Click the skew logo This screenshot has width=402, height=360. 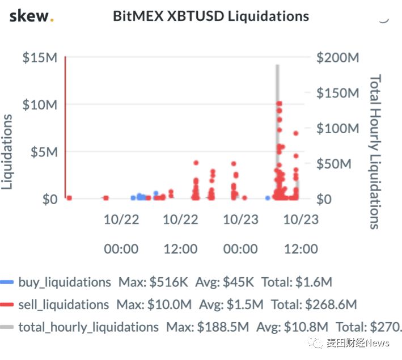click(31, 16)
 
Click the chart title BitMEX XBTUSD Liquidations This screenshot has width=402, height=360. click(211, 16)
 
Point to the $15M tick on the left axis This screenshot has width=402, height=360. click(40, 57)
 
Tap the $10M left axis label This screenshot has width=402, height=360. click(40, 105)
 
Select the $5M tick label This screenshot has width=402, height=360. click(44, 152)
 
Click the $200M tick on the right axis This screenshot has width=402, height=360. click(338, 57)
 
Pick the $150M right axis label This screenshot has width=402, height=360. click(338, 93)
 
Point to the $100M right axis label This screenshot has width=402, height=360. click(338, 128)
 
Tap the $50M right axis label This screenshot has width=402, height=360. click(334, 164)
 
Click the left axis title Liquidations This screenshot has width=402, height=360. click(7, 152)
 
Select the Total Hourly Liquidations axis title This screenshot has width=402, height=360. click(375, 152)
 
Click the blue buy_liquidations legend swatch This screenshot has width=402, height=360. click(7, 282)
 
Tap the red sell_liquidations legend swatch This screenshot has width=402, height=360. click(7, 304)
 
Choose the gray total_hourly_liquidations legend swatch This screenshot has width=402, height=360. click(7, 327)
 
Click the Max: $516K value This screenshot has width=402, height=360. click(153, 282)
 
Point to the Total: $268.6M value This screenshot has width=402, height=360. click(314, 304)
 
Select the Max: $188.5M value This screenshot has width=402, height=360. click(208, 327)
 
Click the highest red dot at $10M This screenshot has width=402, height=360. click(279, 104)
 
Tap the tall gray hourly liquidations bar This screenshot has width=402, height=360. click(277, 132)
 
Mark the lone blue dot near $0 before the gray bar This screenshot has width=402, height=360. click(268, 198)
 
